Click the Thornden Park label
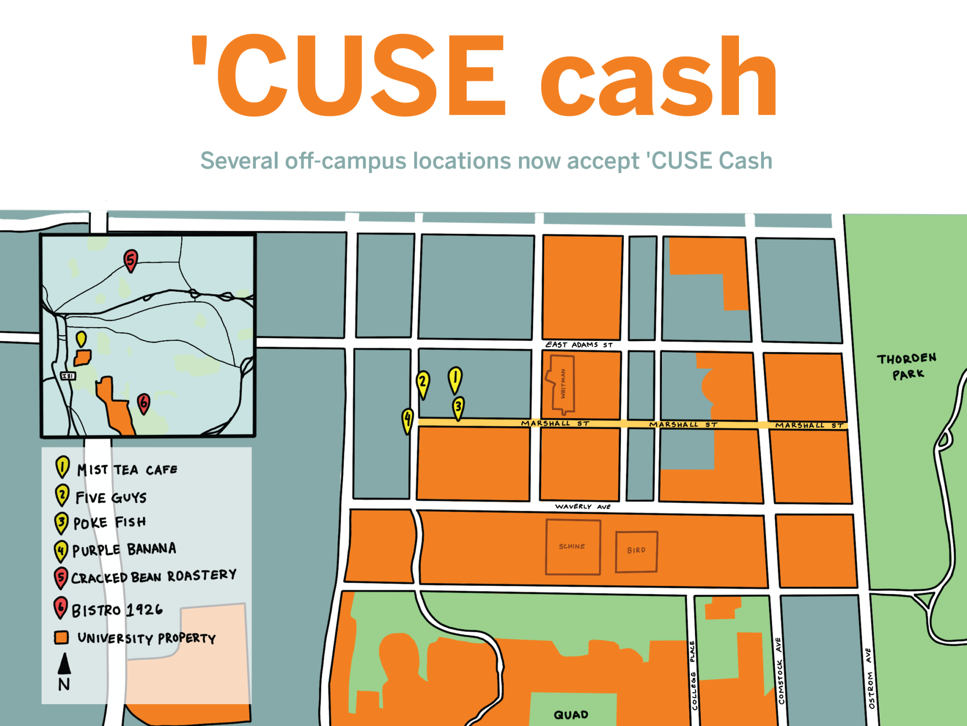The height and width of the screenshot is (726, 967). [x=907, y=366]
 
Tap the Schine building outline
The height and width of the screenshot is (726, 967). [x=573, y=547]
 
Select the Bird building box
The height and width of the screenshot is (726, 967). [x=636, y=551]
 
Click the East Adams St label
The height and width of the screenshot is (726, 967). [x=579, y=345]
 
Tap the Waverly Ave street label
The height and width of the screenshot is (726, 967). [x=583, y=507]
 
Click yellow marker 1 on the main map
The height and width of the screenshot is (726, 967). [x=455, y=379]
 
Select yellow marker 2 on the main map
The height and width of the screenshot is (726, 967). [x=423, y=382]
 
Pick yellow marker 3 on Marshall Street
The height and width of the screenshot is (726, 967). [x=458, y=407]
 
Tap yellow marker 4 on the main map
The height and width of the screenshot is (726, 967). [x=407, y=419]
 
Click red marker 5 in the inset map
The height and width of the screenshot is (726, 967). [x=131, y=259]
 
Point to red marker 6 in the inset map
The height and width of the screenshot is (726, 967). [x=144, y=403]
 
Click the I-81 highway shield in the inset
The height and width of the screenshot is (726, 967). [x=68, y=376]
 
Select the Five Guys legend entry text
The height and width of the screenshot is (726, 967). [x=111, y=498]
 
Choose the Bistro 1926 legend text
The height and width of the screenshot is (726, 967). [x=117, y=610]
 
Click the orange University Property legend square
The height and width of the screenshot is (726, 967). [x=61, y=638]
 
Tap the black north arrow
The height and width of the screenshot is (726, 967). [x=64, y=664]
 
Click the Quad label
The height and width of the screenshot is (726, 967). [x=571, y=715]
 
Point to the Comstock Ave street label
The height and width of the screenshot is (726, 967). [x=780, y=671]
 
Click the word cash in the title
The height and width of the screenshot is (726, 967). [x=658, y=78]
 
